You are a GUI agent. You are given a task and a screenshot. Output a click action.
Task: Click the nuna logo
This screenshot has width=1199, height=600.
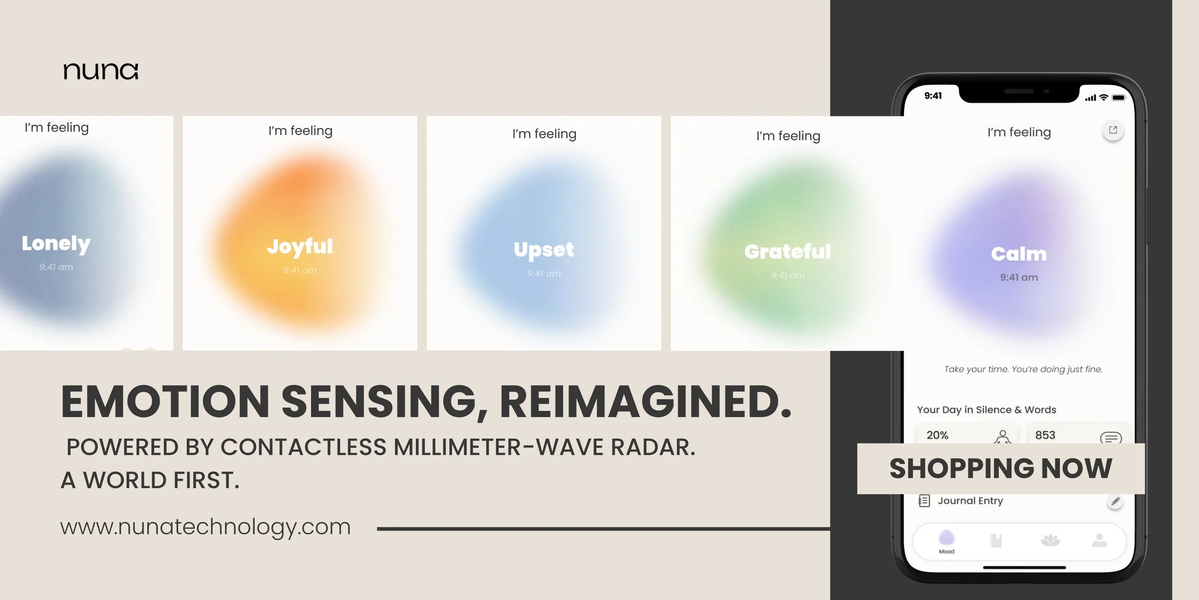click(x=100, y=71)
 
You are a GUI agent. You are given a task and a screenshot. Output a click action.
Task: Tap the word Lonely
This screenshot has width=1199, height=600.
click(x=56, y=243)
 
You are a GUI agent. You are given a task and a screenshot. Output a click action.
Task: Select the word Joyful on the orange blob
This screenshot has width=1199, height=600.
click(x=300, y=246)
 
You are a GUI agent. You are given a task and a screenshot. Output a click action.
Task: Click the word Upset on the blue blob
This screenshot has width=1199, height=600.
click(x=544, y=250)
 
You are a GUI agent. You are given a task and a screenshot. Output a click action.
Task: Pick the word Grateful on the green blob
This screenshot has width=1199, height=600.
click(x=787, y=252)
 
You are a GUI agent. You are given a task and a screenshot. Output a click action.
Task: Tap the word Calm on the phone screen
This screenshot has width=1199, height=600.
click(x=1019, y=254)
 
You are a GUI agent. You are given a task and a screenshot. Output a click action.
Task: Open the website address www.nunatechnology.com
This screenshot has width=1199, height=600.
click(x=205, y=527)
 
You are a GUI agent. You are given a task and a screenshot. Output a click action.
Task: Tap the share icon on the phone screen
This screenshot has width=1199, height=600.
click(x=1113, y=130)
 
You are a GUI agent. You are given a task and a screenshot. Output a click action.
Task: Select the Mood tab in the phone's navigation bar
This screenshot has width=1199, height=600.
click(x=946, y=542)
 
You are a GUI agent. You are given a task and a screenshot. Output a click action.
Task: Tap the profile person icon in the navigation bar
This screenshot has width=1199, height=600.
click(x=1099, y=540)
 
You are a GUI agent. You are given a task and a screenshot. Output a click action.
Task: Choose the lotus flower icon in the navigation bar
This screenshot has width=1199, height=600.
click(x=1050, y=540)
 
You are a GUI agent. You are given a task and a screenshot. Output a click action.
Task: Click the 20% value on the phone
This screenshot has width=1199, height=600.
click(x=937, y=435)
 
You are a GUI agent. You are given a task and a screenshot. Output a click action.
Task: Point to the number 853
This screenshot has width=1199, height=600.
click(x=1045, y=435)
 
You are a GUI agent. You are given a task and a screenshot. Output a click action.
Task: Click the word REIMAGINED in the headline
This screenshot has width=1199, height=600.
click(x=645, y=402)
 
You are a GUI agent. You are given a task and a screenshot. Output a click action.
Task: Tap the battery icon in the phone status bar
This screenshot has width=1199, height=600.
click(x=1118, y=98)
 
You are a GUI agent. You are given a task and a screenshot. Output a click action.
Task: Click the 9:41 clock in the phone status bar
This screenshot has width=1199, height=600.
click(x=933, y=96)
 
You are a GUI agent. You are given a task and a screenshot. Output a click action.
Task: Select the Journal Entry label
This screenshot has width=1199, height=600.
click(x=970, y=501)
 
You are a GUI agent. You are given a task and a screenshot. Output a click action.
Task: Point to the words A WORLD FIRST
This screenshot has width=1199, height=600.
click(x=150, y=480)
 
